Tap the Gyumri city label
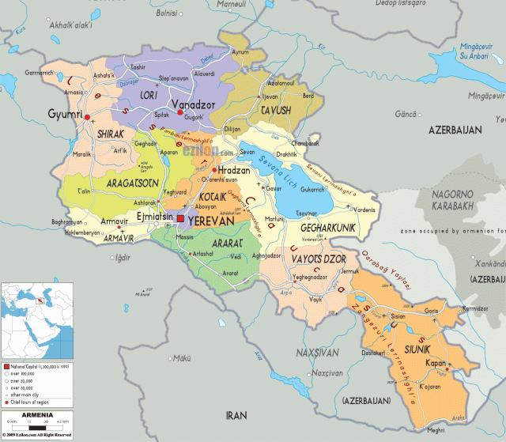[x=66, y=115]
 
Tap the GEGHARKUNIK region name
[x=331, y=228]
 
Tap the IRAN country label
[x=237, y=414]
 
